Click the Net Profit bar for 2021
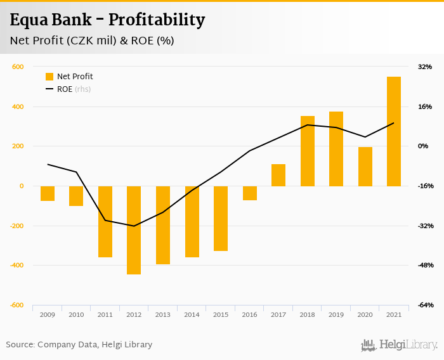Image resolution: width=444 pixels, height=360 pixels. pos(394,131)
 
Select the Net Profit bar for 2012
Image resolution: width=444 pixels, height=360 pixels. pos(134,230)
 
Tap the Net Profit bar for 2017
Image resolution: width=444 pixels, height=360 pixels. pos(278,175)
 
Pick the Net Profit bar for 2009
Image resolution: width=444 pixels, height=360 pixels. pos(48,193)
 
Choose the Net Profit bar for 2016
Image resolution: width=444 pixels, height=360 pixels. pos(250,193)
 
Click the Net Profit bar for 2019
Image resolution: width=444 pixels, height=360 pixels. pos(336,149)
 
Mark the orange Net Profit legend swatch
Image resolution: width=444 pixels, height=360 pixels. pos(49,77)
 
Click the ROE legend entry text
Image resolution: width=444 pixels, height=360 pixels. pos(65,89)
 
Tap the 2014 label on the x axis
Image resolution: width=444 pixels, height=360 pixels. pos(192,314)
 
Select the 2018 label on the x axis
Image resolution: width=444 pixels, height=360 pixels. pos(307,314)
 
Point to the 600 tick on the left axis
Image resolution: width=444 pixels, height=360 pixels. pos(18,67)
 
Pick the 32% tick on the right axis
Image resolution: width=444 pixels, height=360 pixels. pos(425,67)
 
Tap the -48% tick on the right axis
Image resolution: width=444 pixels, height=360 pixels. pos(424,266)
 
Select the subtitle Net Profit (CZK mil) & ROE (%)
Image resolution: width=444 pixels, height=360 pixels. pos(92,41)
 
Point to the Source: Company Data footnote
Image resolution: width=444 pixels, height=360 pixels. pos(79,345)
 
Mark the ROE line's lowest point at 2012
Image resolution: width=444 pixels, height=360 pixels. pos(134,226)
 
